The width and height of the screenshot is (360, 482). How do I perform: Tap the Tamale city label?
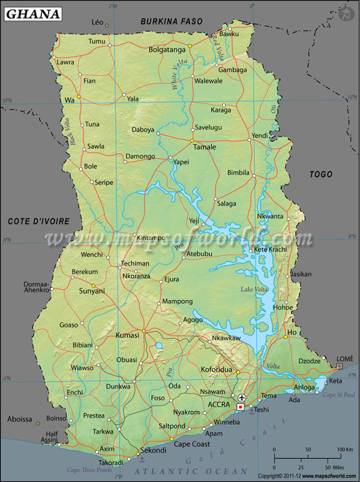pos(204,146)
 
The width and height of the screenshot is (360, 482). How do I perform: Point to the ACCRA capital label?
pos(220,404)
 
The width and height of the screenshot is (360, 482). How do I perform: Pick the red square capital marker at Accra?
pos(240,407)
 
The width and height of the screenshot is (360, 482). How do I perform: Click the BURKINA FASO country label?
pos(171,22)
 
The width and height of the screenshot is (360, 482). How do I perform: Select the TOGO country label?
pos(320,174)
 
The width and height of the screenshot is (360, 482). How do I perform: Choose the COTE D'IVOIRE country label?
pos(38,221)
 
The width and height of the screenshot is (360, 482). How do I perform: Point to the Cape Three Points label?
pos(90,470)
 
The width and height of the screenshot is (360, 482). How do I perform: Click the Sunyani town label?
pos(92,291)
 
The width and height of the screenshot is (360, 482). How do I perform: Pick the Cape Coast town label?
pos(192,444)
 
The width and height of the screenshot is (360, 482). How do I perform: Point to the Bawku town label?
pos(229,34)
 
